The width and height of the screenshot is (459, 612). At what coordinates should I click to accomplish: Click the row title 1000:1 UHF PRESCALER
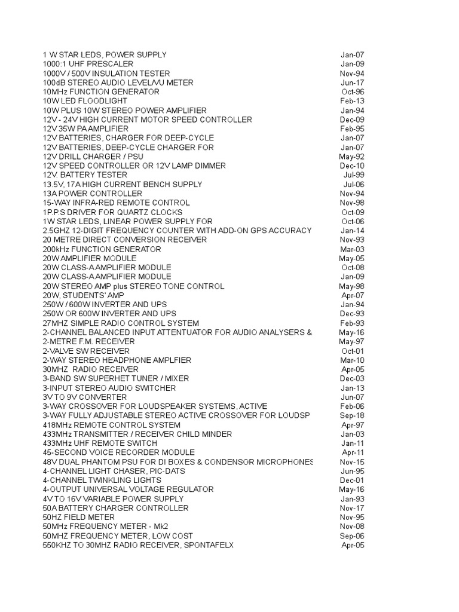click(88, 64)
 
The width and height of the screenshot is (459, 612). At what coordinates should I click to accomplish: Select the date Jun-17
click(352, 82)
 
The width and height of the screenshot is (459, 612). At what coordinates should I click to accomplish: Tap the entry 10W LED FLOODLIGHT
click(85, 101)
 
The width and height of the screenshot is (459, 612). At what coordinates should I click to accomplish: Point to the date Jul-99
click(353, 175)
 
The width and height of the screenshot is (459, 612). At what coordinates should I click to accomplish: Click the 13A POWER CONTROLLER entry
click(92, 194)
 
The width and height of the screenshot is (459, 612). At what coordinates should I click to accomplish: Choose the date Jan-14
click(352, 230)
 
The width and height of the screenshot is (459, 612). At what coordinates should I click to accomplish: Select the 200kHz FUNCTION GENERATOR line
click(102, 249)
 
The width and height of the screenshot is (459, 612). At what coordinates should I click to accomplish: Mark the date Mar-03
click(352, 249)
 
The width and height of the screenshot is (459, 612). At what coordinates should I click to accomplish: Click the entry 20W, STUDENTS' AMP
click(83, 295)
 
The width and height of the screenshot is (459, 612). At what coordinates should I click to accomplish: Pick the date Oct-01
click(352, 351)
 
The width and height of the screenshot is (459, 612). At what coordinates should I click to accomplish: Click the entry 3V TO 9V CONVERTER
click(85, 397)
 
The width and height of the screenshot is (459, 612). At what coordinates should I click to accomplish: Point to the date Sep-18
click(352, 415)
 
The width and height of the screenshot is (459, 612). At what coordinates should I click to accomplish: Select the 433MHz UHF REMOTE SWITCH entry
click(100, 443)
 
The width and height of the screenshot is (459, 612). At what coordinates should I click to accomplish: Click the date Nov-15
click(352, 462)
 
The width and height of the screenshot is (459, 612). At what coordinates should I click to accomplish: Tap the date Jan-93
click(352, 498)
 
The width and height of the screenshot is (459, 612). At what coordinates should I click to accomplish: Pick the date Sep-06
click(352, 536)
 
